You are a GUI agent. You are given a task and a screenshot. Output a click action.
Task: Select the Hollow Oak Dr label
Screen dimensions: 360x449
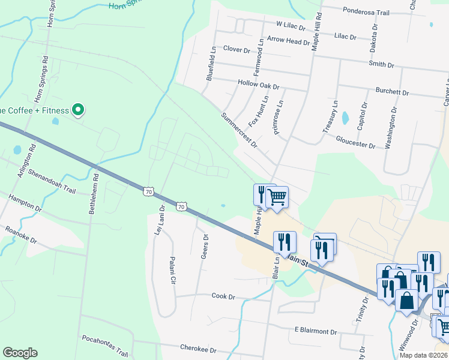point(259,85)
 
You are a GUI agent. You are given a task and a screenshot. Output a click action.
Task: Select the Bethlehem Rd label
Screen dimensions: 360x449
point(94,194)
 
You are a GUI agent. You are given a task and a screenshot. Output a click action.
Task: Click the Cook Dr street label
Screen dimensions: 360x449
point(223,296)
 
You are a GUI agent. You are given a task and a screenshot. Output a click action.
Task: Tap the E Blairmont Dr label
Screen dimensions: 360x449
point(316,331)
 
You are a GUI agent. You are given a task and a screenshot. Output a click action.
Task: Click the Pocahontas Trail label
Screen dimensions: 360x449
point(105,345)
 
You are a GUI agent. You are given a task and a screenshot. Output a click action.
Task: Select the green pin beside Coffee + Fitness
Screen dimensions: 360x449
point(77,110)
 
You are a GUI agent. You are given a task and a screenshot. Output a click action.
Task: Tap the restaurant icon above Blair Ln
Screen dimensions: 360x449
point(285,241)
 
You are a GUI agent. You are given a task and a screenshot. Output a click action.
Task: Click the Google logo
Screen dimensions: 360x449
point(20,353)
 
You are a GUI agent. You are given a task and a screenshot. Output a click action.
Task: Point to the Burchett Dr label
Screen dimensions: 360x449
point(392,93)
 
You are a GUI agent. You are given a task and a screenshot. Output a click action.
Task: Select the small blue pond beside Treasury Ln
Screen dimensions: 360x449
point(345,118)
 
